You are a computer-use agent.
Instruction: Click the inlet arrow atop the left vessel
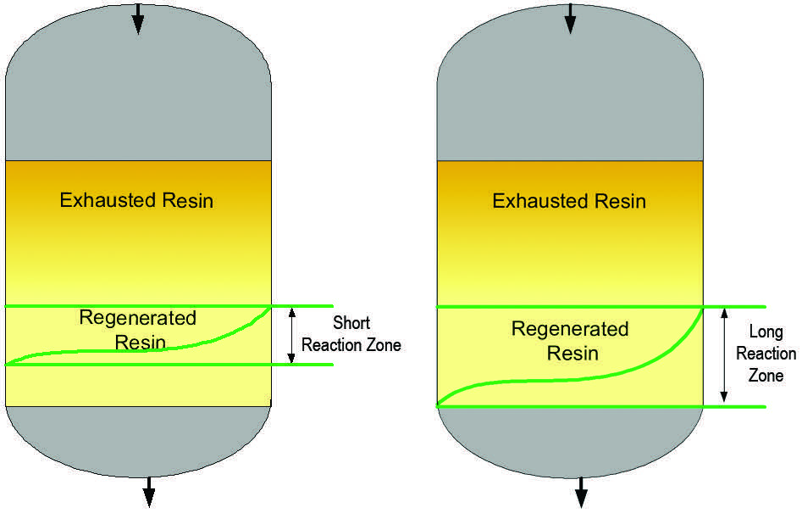(138, 19)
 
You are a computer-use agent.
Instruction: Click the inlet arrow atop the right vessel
(570, 19)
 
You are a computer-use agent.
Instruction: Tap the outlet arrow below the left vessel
(149, 492)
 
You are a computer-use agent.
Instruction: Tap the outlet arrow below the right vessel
(581, 492)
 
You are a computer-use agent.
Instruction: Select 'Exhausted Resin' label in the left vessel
(136, 201)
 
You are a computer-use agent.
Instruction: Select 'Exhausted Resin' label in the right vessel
(569, 202)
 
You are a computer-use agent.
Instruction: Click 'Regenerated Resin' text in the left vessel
(138, 330)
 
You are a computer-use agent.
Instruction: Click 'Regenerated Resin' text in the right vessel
(570, 340)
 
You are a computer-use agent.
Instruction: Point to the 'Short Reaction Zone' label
(351, 334)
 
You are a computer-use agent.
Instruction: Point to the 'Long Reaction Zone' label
(766, 354)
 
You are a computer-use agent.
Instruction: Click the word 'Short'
(351, 323)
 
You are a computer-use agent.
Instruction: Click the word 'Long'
(766, 332)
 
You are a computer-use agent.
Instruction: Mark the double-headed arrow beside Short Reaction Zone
(291, 335)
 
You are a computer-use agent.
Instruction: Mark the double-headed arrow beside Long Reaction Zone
(723, 355)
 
